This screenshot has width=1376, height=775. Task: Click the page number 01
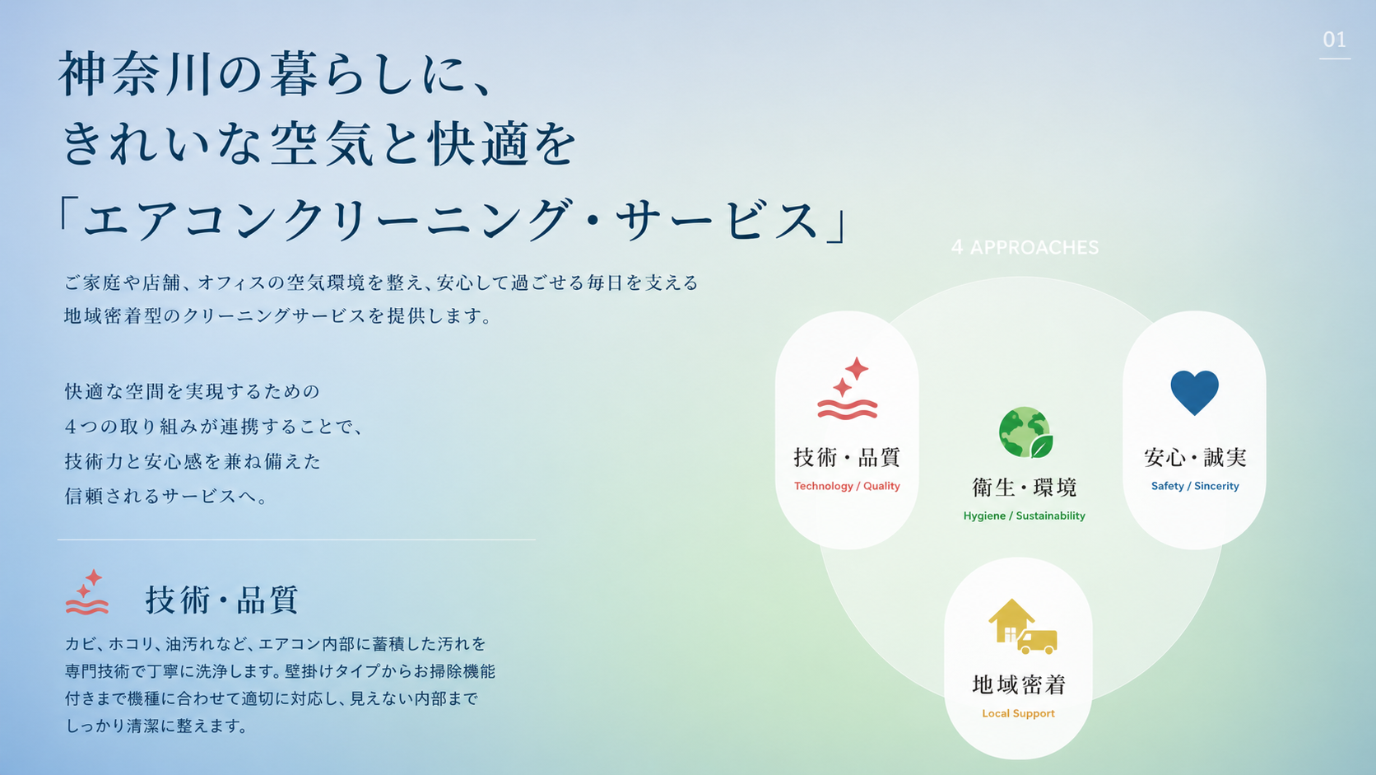[1334, 40]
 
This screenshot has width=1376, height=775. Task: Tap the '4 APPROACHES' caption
[1025, 248]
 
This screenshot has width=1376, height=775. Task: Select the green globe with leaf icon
[1025, 432]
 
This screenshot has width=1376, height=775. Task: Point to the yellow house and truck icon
[1022, 626]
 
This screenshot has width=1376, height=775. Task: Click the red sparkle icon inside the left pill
[847, 389]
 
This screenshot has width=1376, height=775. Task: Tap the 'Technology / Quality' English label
[847, 486]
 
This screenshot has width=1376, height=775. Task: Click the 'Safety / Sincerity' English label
[1195, 486]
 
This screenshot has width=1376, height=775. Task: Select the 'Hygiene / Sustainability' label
[1024, 516]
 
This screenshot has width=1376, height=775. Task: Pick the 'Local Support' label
[1018, 713]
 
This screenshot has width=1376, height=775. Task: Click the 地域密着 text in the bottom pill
[1019, 684]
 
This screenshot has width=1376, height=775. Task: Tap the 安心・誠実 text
[1195, 457]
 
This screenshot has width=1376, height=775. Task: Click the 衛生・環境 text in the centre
[1024, 488]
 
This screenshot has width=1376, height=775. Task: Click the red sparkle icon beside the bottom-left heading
[87, 592]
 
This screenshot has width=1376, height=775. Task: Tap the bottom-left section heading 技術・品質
[221, 600]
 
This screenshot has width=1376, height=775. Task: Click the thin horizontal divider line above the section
[296, 539]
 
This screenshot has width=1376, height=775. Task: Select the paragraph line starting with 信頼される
[166, 496]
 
